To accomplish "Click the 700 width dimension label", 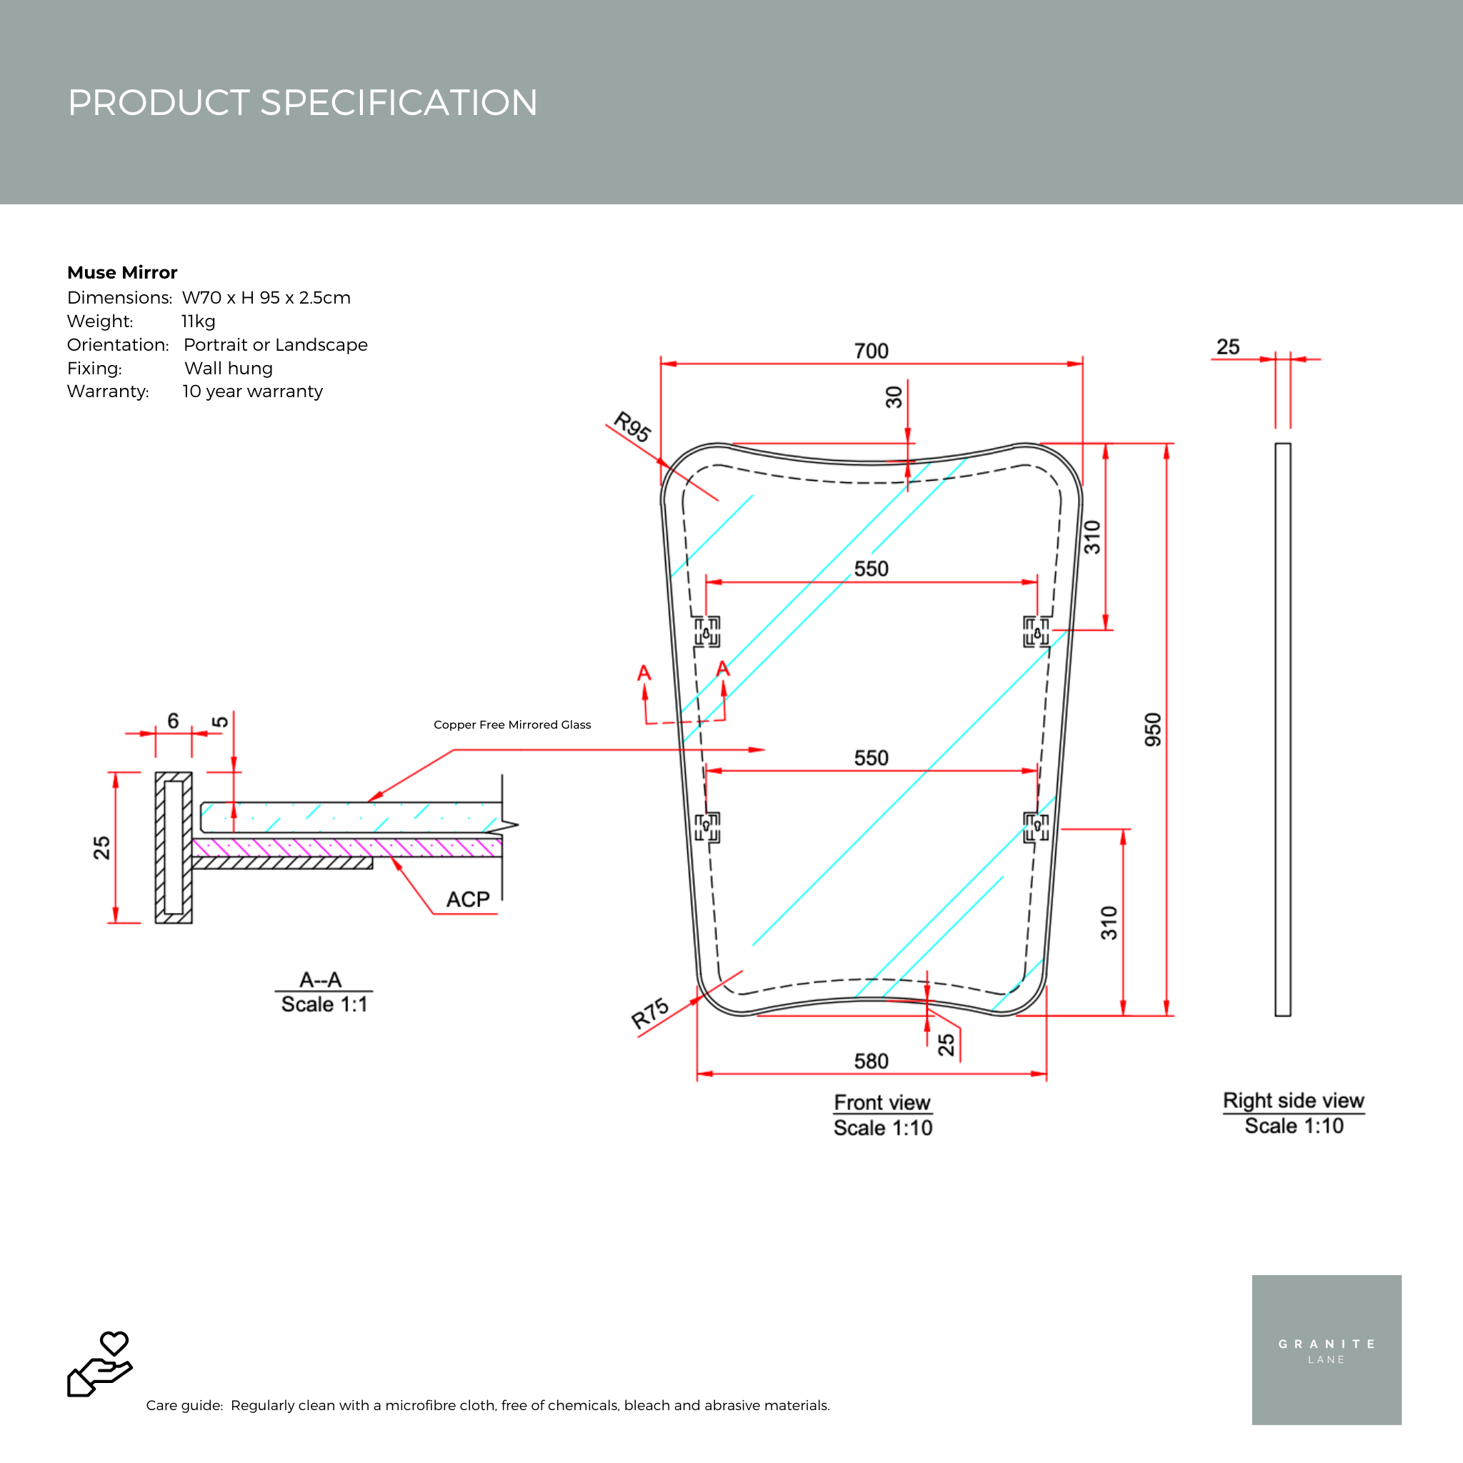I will click(x=871, y=351).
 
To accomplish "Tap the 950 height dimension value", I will click(x=1152, y=729).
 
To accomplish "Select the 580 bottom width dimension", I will click(x=871, y=1061).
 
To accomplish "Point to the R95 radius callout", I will click(x=631, y=426).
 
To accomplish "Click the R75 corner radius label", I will click(x=651, y=1013).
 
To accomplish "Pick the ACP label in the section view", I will click(x=468, y=899).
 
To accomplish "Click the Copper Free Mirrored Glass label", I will click(x=512, y=724).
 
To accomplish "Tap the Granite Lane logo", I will click(x=1326, y=1350).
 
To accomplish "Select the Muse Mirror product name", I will click(x=122, y=273).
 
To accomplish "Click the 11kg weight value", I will click(x=199, y=321).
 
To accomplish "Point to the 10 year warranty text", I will click(x=252, y=391).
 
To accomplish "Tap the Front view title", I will click(x=882, y=1102).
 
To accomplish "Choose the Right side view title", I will click(x=1294, y=1100).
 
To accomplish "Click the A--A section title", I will click(x=320, y=980).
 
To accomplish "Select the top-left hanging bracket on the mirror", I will click(x=707, y=631).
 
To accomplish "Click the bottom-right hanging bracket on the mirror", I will click(x=1036, y=827).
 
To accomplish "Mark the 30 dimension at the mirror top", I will click(x=894, y=396).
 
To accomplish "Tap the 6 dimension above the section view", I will click(x=174, y=721).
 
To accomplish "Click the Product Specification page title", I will click(x=303, y=102).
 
